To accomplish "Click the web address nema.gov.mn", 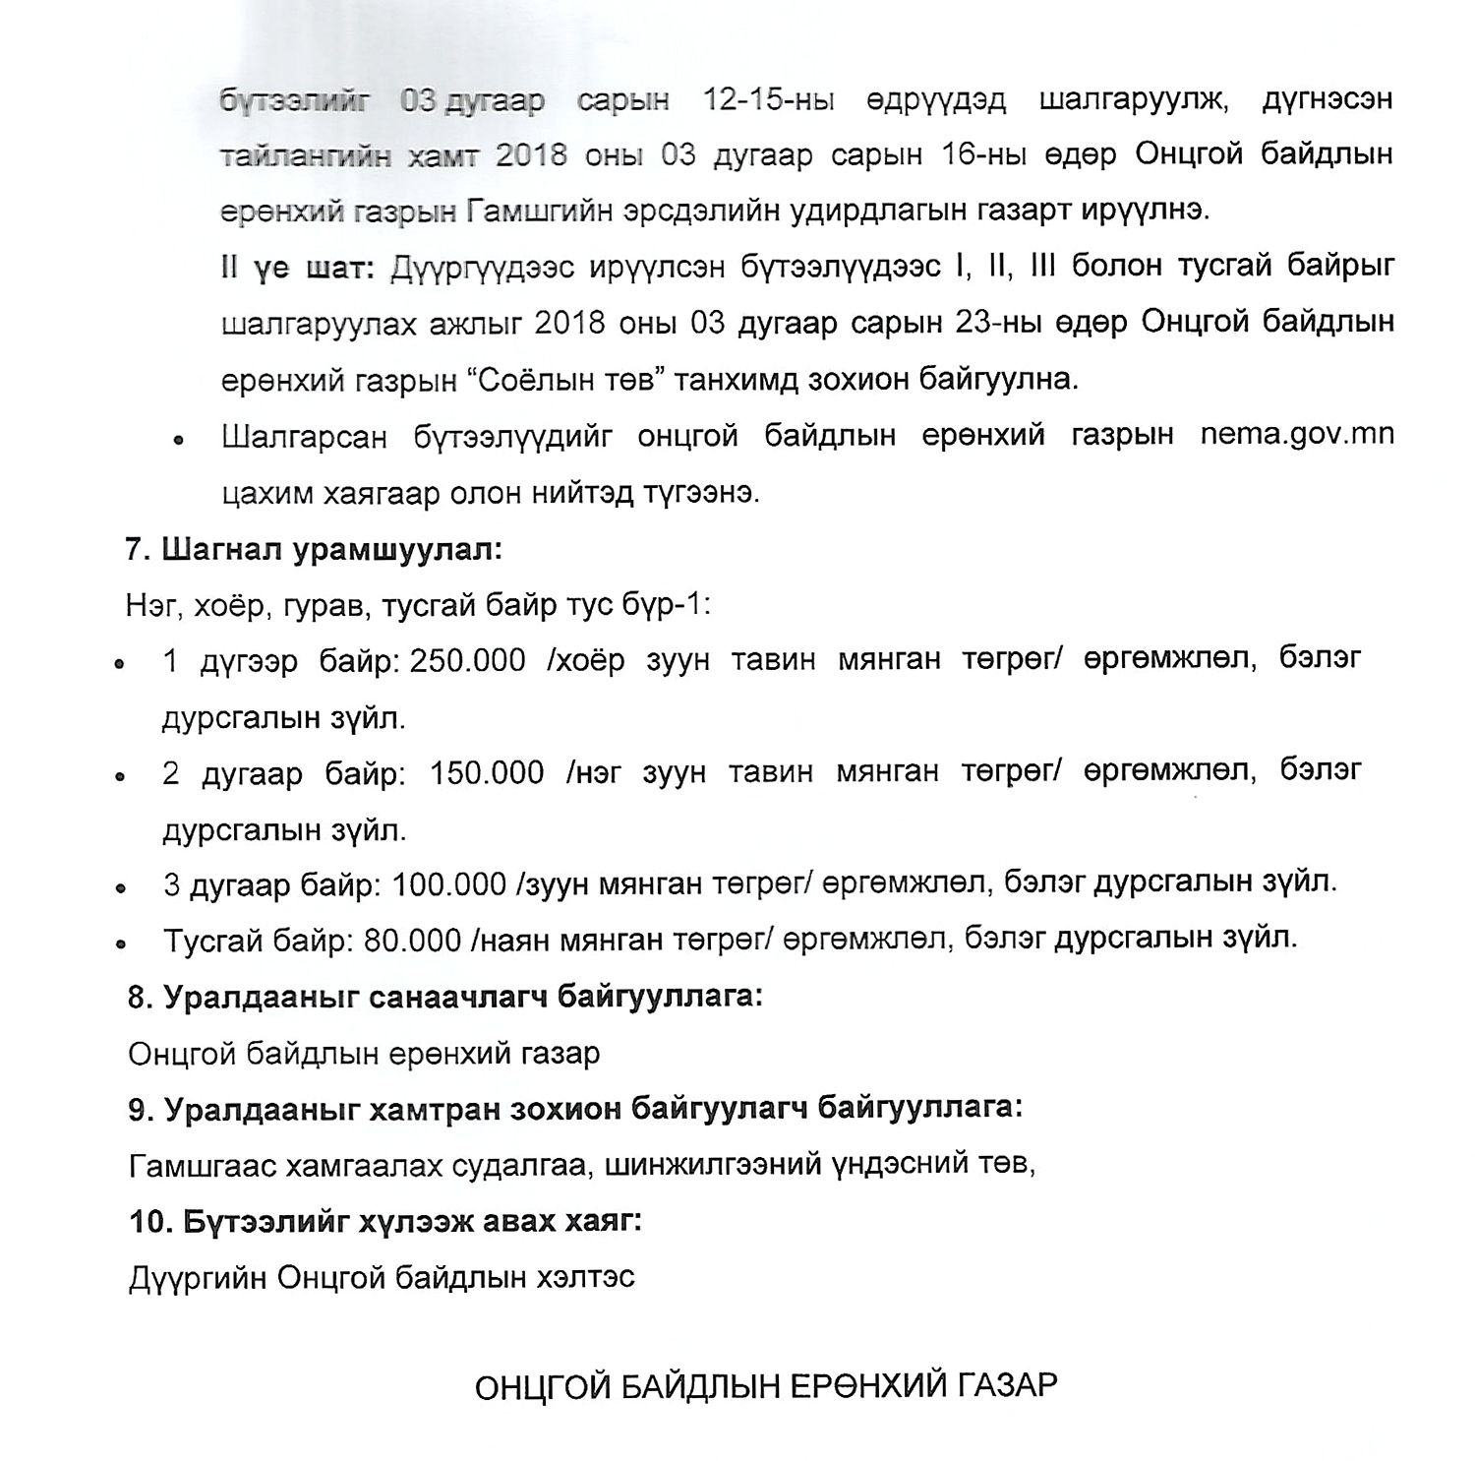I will (x=1296, y=435).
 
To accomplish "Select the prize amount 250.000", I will (x=468, y=660).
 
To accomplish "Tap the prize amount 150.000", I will (x=487, y=772).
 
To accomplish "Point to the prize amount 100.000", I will (x=448, y=884).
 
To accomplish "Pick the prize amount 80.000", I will (x=412, y=940).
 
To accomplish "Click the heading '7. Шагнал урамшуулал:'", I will (x=314, y=549).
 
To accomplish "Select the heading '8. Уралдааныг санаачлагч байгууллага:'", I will (x=444, y=997).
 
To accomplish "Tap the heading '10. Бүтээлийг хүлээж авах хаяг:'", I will (x=385, y=1221).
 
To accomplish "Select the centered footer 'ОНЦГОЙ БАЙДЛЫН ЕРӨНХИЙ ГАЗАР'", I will (x=766, y=1387).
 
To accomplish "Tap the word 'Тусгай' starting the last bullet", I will (x=213, y=940).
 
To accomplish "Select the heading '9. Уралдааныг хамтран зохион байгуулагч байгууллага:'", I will (x=575, y=1109).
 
